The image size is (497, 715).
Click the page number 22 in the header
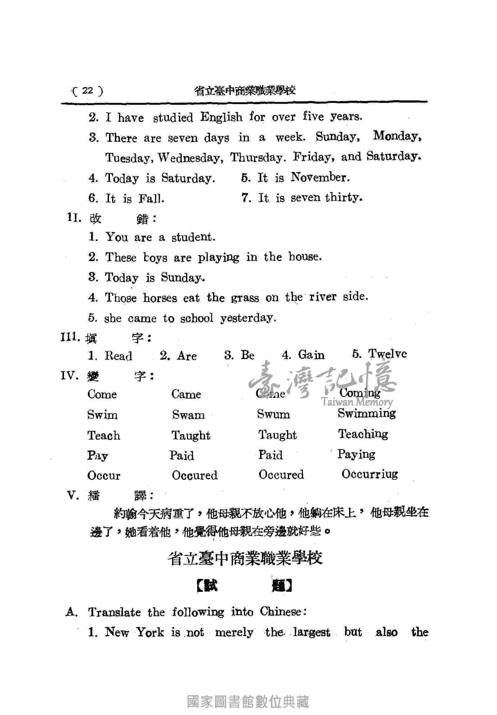point(88,91)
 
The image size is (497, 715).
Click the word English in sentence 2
point(221,118)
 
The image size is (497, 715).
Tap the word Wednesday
point(190,158)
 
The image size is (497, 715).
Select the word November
point(320,178)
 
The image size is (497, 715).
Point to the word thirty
point(344,197)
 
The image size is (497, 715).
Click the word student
point(193,237)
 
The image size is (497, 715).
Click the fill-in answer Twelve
point(387,354)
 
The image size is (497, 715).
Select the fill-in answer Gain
point(311,355)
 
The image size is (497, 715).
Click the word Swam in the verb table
point(189,415)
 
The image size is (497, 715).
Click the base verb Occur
point(104,476)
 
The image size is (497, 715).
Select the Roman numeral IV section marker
point(68,376)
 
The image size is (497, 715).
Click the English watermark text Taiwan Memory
point(357,402)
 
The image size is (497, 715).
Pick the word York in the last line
point(150,633)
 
